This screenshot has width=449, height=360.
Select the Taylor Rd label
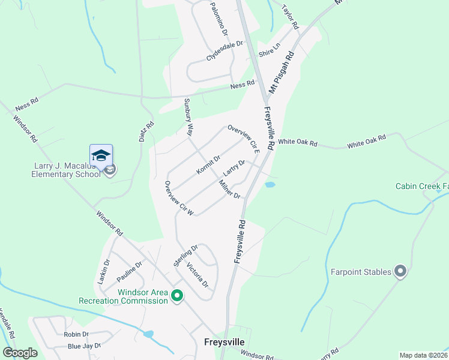tap(290, 18)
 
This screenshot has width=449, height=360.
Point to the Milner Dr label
tap(229, 190)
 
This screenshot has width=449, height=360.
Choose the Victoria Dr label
tap(197, 274)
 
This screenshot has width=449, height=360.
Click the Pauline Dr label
tap(129, 272)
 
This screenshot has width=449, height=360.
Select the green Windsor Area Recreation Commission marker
tap(177, 296)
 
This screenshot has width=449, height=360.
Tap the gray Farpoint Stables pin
tap(401, 272)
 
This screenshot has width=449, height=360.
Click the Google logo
tap(20, 353)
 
